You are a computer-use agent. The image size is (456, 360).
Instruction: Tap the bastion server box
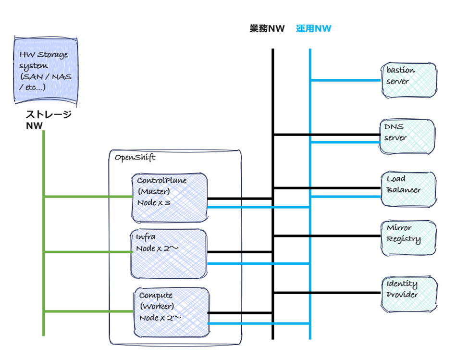click(409, 80)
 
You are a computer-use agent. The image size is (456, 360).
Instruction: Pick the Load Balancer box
click(409, 189)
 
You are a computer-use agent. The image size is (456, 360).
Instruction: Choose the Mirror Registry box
click(409, 238)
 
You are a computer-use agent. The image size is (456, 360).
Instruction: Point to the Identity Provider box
click(409, 293)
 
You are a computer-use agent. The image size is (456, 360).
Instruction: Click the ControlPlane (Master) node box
click(170, 198)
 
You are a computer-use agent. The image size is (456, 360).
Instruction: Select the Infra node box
click(169, 253)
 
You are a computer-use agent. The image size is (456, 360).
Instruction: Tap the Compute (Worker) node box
click(172, 312)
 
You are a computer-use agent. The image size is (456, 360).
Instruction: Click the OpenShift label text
click(135, 157)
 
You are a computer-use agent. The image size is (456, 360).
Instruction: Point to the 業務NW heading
click(267, 29)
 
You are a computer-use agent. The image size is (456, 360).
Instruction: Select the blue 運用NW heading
click(314, 29)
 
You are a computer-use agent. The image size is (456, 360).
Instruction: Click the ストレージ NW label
click(48, 120)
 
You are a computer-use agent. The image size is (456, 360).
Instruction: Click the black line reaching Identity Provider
click(327, 293)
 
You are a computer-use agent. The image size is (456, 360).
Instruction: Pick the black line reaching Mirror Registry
click(327, 236)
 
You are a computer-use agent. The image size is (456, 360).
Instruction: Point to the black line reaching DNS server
click(327, 135)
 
